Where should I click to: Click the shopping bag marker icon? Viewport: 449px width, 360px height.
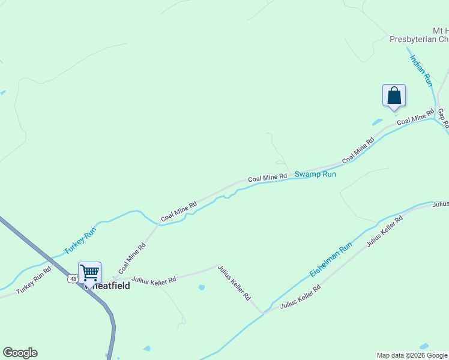(x=394, y=96)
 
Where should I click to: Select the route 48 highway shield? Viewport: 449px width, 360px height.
(x=72, y=278)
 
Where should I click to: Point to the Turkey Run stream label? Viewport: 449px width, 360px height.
(x=80, y=239)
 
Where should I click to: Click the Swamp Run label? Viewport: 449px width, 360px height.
(x=315, y=174)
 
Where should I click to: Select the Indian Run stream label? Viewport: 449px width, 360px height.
(x=421, y=69)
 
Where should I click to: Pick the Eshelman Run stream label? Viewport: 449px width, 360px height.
(x=331, y=260)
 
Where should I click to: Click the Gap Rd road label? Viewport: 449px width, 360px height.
(x=443, y=119)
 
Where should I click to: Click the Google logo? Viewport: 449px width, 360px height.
(x=20, y=353)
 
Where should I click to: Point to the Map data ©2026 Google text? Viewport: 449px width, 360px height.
(x=412, y=355)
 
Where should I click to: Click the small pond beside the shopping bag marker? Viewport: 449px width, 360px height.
(x=377, y=122)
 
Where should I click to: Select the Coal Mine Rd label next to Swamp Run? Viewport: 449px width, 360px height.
(x=268, y=178)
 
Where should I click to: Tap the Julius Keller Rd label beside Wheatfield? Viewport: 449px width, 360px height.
(x=154, y=280)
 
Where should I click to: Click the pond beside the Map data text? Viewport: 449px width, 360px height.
(x=424, y=346)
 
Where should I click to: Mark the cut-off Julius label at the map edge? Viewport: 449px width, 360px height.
(x=441, y=204)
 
